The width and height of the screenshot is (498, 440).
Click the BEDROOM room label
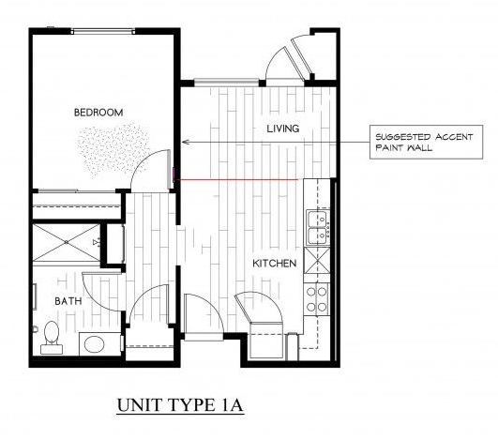(98, 113)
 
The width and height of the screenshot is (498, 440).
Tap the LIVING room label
(281, 129)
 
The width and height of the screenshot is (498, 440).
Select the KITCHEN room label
(275, 264)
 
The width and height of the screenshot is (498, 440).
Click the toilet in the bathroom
(50, 333)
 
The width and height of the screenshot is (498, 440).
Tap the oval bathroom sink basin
(95, 343)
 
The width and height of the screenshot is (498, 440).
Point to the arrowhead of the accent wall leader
(185, 143)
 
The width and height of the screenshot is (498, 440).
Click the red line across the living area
(239, 178)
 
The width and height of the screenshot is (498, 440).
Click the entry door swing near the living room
(284, 61)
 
